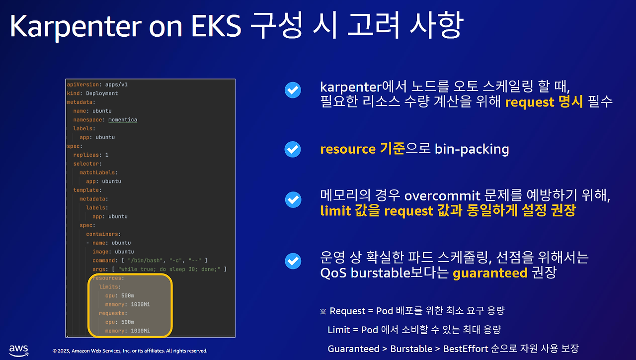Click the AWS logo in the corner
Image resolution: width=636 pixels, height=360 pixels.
tap(18, 350)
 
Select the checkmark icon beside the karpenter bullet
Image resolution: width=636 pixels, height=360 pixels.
tap(293, 90)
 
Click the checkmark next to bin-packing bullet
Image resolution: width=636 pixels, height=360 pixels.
tap(293, 149)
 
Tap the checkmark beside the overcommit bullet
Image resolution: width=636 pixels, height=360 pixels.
tap(293, 200)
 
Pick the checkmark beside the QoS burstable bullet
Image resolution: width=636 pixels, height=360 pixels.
tap(293, 261)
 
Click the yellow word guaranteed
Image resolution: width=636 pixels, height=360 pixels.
tap(490, 273)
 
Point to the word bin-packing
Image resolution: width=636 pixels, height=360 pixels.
tap(472, 149)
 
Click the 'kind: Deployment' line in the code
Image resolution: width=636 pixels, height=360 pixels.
tap(92, 93)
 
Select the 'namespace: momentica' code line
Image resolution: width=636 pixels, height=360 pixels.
tap(105, 120)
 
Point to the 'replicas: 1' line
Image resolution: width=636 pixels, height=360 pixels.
tap(90, 155)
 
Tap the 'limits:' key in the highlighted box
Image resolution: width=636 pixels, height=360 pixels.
tap(109, 287)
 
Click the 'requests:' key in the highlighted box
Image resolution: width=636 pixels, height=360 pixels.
tap(113, 313)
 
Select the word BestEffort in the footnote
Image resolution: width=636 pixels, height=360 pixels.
tap(465, 349)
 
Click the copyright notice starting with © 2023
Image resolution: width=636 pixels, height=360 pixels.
tap(130, 351)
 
